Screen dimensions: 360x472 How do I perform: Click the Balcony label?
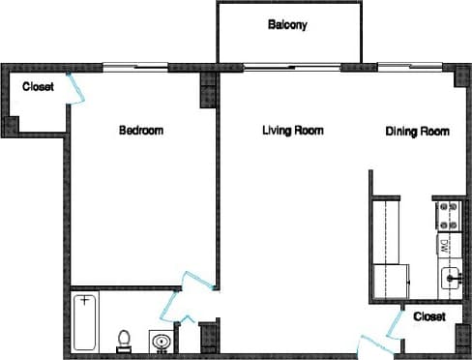coord(287,25)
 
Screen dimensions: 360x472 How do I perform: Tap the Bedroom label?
coord(141,131)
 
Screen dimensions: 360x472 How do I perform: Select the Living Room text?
coord(292,131)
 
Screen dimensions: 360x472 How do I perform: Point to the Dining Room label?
coord(418,132)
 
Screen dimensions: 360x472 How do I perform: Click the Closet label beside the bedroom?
coord(38,86)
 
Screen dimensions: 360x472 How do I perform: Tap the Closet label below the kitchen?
coord(428,316)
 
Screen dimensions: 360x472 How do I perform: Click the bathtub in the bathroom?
coord(86,322)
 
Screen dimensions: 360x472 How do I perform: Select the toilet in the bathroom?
coord(123,340)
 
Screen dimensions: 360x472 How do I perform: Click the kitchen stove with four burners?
coord(448,216)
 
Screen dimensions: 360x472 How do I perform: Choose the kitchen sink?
coord(451,279)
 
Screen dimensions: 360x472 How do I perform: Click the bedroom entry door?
coord(199,279)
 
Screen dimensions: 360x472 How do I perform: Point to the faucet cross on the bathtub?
coord(86,300)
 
